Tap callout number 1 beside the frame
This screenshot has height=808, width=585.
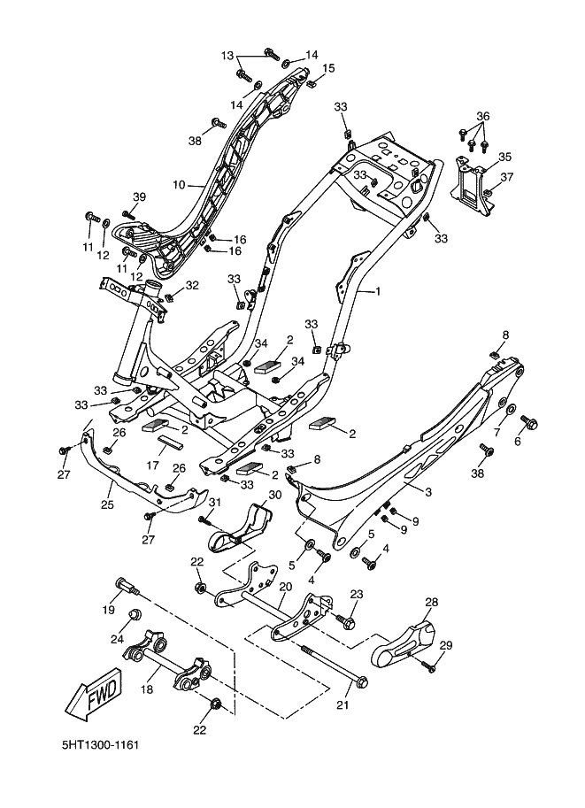click(377, 291)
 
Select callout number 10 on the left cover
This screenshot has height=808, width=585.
click(179, 184)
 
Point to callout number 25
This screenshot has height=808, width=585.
click(107, 504)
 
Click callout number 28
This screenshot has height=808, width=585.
click(431, 602)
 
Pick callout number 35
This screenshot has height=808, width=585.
click(504, 157)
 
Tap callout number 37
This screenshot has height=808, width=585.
click(507, 177)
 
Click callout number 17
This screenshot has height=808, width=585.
click(152, 466)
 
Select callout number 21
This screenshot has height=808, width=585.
click(343, 705)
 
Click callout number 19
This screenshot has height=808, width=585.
click(108, 610)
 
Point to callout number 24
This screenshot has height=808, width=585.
click(118, 638)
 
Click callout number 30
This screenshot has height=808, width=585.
click(275, 495)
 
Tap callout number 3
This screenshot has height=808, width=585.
click(428, 491)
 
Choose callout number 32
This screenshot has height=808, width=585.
click(192, 285)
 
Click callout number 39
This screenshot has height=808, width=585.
click(139, 196)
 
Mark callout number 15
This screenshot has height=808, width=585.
click(328, 68)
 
